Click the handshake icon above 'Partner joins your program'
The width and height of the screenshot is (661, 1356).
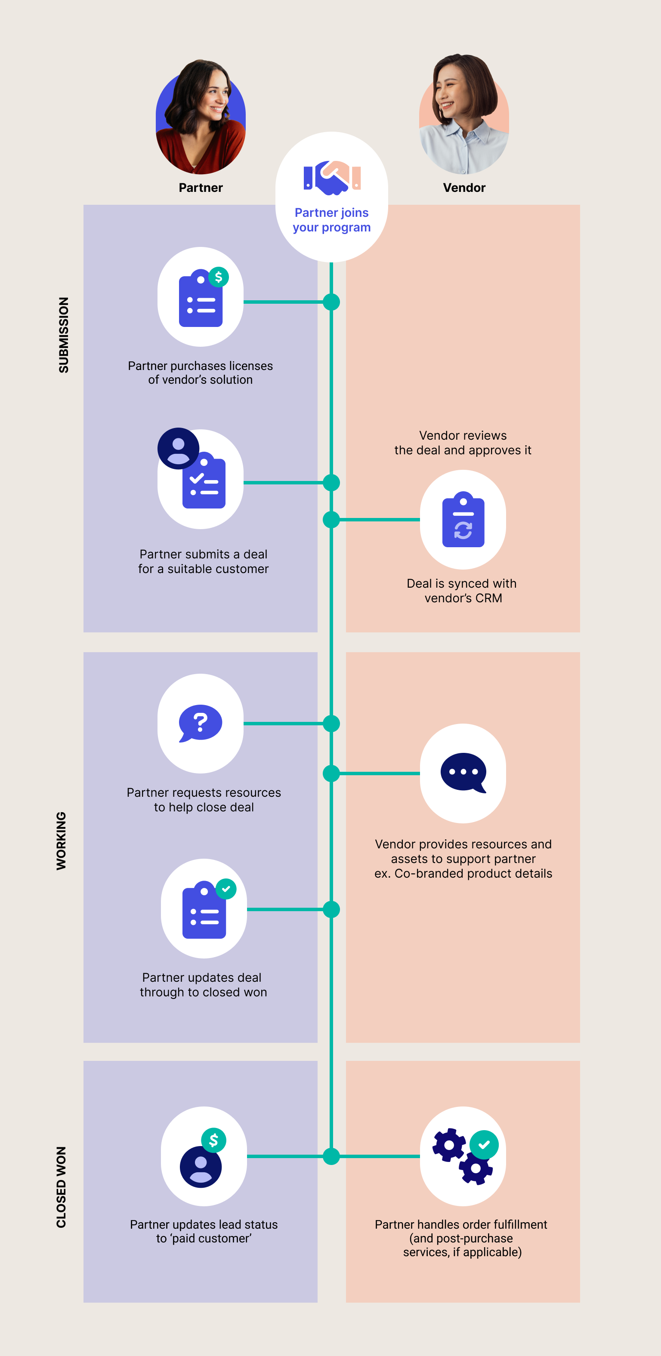coord(332,177)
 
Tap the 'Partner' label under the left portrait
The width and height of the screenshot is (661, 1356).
coord(201,188)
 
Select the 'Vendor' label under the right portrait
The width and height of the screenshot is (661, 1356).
coord(464,188)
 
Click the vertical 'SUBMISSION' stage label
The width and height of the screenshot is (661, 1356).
coord(64,335)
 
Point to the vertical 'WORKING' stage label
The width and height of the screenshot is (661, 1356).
coord(62,841)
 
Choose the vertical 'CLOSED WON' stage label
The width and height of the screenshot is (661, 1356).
coord(62,1187)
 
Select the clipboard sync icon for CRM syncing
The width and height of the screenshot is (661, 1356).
coord(463,520)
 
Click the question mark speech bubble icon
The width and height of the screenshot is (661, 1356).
coord(201,723)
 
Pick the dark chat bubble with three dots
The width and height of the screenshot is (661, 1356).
coord(463,772)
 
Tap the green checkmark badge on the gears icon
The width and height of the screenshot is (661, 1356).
coord(484,1145)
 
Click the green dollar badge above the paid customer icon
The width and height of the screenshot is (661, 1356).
coord(214,1140)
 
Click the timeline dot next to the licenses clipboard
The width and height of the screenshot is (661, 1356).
coord(331,302)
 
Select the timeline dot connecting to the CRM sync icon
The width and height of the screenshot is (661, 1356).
coord(331,520)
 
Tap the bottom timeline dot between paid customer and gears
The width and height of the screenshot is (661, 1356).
coord(331,1156)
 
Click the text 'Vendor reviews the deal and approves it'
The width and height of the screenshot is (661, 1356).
coord(463,443)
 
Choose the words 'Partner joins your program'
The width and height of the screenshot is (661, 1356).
coord(332,220)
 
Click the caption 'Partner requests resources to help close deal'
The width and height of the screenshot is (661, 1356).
coord(204,800)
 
